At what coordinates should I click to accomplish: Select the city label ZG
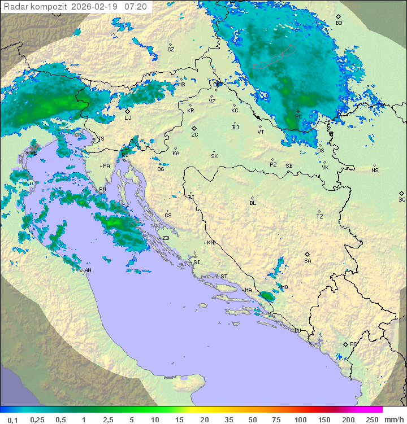194,135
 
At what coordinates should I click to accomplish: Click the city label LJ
128,117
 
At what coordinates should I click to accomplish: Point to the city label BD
339,23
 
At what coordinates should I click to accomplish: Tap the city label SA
308,260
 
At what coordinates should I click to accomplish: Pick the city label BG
402,199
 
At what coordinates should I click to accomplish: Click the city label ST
224,277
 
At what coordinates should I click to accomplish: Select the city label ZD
166,238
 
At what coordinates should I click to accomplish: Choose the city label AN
88,270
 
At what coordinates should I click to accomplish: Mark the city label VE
33,153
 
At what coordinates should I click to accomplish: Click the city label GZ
171,49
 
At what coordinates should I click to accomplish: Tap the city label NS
375,171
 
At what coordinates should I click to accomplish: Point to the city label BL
253,203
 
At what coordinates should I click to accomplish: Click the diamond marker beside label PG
345,344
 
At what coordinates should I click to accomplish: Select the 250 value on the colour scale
371,419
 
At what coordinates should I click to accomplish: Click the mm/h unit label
393,419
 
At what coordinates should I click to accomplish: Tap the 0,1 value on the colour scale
12,419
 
